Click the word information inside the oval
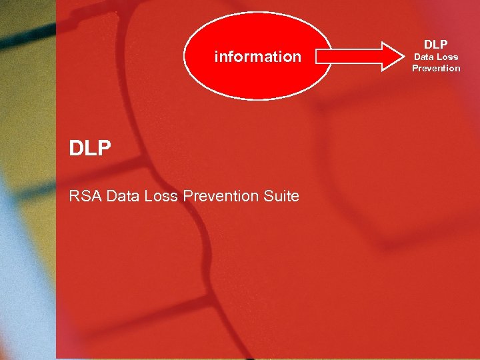point(257,57)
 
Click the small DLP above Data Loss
point(436,45)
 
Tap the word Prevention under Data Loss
point(436,68)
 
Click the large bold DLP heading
point(90,148)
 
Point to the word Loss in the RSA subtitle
point(159,196)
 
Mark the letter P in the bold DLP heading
point(103,148)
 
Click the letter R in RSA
point(74,196)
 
